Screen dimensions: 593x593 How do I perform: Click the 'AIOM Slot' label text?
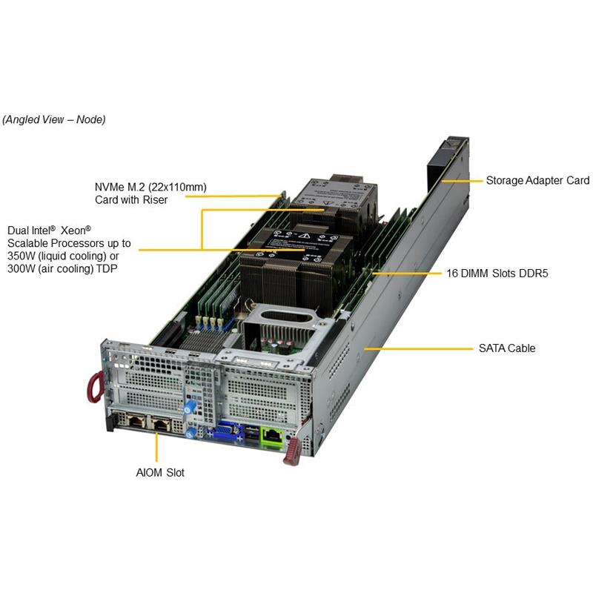click(x=160, y=472)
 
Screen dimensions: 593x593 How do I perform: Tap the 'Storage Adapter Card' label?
click(x=537, y=180)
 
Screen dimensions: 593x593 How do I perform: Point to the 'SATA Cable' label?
click(x=507, y=348)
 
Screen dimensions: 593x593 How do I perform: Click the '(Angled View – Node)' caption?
click(x=54, y=119)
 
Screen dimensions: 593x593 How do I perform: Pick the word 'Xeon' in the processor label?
click(x=78, y=231)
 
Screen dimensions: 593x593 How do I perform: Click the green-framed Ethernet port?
click(x=273, y=436)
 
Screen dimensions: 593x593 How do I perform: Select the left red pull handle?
click(x=93, y=387)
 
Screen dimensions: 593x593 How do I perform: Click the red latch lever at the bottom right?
click(x=291, y=451)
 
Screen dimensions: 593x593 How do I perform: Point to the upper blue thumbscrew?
click(x=194, y=406)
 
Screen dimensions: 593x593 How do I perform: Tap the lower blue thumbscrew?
click(x=192, y=432)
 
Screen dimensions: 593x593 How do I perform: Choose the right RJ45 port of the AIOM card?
click(x=162, y=425)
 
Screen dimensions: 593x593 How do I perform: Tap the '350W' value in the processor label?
click(x=23, y=256)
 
